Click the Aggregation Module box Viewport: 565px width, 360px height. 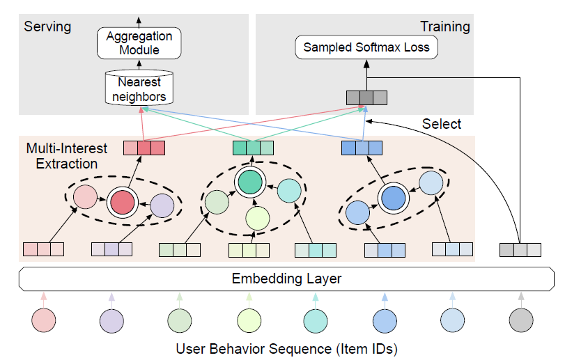pyautogui.click(x=138, y=42)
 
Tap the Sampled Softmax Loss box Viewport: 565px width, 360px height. pyautogui.click(x=366, y=48)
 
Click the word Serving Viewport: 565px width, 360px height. pyautogui.click(x=47, y=26)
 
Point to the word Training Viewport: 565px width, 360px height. pyautogui.click(x=444, y=26)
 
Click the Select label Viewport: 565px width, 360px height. pyautogui.click(x=442, y=124)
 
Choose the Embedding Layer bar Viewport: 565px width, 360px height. pyautogui.click(x=286, y=279)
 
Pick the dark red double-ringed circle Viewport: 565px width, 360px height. pyautogui.click(x=122, y=202)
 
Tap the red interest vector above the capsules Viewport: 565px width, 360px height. pyautogui.click(x=144, y=148)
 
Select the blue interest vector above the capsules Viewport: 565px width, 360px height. pyautogui.click(x=362, y=148)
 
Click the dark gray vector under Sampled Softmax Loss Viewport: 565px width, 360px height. pyautogui.click(x=366, y=97)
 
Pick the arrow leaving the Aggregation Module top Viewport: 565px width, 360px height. pyautogui.click(x=138, y=20)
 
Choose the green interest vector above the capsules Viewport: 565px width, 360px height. pyautogui.click(x=252, y=148)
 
